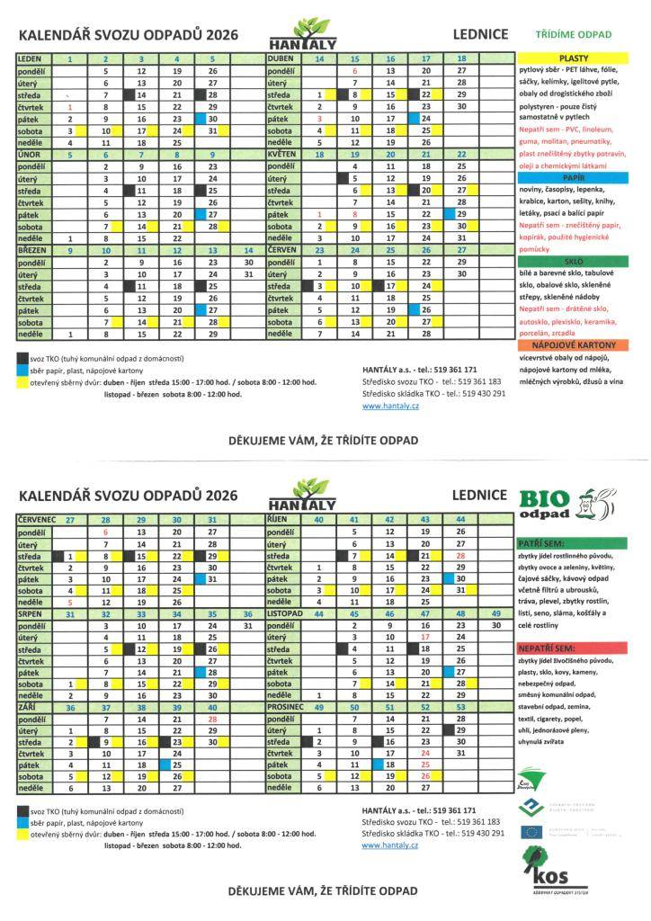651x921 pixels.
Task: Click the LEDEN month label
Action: [x=29, y=58]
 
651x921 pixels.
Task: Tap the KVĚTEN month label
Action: [x=282, y=154]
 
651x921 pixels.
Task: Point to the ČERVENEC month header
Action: [x=37, y=520]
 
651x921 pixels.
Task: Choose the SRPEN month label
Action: [x=30, y=613]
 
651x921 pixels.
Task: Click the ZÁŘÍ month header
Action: [x=28, y=708]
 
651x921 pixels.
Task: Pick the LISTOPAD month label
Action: [x=287, y=613]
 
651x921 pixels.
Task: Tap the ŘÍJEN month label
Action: [x=278, y=520]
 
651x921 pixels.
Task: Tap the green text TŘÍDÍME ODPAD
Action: [x=573, y=35]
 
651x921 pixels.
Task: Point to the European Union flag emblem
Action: [x=531, y=831]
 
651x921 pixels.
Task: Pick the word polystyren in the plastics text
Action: [x=538, y=106]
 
